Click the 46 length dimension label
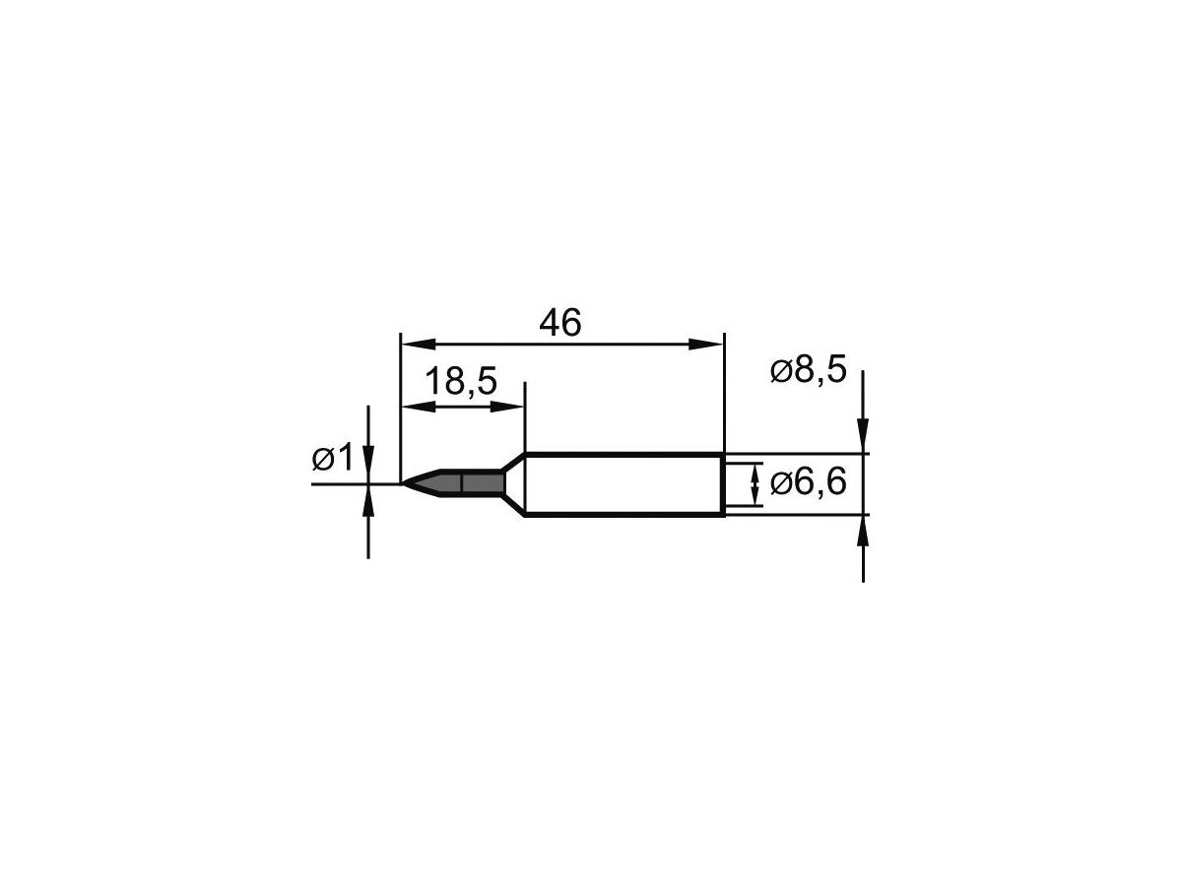pyautogui.click(x=560, y=323)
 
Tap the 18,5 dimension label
pyautogui.click(x=461, y=381)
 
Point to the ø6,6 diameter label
pyautogui.click(x=809, y=482)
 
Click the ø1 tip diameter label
pyautogui.click(x=332, y=458)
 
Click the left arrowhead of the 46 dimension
pyautogui.click(x=419, y=345)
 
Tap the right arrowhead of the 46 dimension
pyautogui.click(x=705, y=345)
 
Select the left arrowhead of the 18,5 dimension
pyautogui.click(x=419, y=408)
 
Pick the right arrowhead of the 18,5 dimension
pyautogui.click(x=506, y=408)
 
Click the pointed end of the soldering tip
pyautogui.click(x=403, y=483)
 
